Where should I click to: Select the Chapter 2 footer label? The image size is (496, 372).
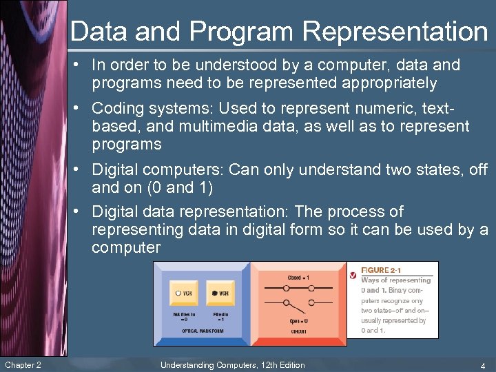[23, 365]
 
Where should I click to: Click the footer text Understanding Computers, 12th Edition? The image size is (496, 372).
[232, 365]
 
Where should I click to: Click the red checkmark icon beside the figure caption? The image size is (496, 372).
[353, 276]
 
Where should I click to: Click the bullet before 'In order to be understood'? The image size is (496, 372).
[82, 65]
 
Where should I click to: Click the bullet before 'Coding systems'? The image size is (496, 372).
[82, 109]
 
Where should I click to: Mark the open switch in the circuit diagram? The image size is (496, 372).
[298, 304]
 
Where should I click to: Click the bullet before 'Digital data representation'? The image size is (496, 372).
[82, 212]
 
